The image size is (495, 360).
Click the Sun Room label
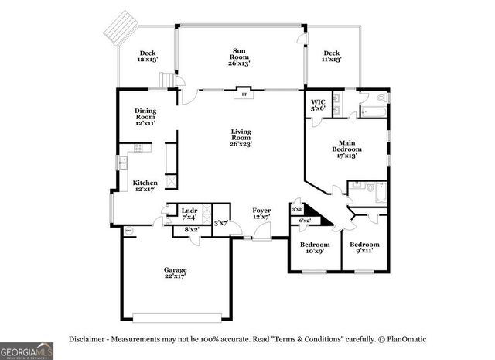[239, 57]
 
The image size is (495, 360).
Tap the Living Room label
[241, 136]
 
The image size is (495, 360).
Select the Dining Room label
[145, 116]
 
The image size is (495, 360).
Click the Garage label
[175, 273]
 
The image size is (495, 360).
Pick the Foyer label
[261, 214]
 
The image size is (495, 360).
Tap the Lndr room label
[189, 213]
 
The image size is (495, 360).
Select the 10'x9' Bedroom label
[314, 247]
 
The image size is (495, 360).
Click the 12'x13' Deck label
[147, 57]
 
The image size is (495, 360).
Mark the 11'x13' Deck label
[331, 57]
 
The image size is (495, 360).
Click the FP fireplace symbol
[244, 94]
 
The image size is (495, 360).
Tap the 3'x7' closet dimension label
[220, 223]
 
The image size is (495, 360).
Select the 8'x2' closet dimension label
[190, 229]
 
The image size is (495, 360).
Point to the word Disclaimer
[87, 339]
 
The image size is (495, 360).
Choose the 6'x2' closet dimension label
[306, 221]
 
